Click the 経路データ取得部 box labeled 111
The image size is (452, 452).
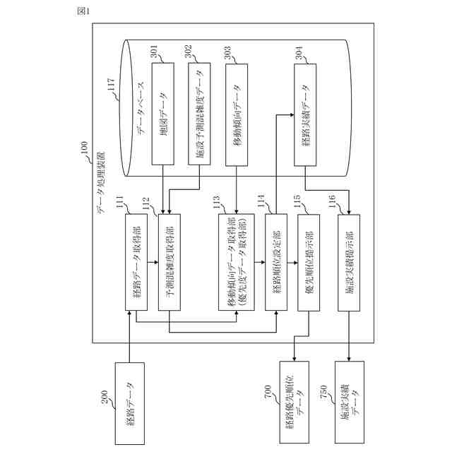136,262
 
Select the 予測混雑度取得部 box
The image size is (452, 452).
169,262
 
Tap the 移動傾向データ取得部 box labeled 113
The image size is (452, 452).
237,262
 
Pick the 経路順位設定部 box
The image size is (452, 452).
276,262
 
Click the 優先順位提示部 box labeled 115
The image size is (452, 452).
309,262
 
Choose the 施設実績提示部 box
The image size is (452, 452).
349,262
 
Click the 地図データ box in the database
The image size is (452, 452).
163,114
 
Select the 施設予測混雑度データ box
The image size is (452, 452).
199,114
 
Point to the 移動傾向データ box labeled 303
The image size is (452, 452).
237,114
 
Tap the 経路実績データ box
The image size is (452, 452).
305,114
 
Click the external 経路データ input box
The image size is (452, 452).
130,403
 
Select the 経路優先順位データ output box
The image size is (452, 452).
294,402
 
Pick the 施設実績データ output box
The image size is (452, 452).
350,402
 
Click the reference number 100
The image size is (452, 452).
84,148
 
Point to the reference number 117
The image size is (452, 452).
112,85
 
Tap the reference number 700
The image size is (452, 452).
268,392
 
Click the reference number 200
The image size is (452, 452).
105,397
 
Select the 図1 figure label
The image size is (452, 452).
83,11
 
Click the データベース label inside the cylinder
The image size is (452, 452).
141,108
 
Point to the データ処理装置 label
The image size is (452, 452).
101,183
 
